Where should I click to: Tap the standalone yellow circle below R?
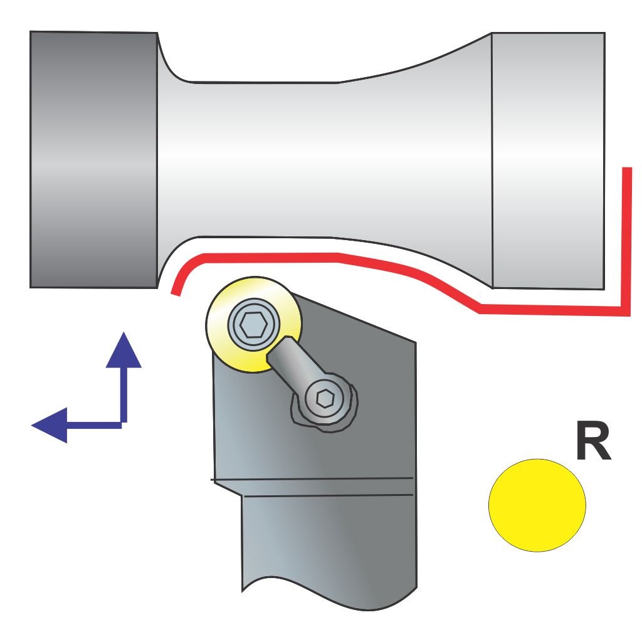[x=537, y=505]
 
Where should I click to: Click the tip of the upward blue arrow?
[x=124, y=334]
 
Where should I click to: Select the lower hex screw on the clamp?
[x=325, y=399]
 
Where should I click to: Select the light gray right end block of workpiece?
[x=548, y=160]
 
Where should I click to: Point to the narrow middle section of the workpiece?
[x=263, y=160]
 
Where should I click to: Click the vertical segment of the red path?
[x=625, y=238]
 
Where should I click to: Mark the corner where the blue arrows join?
[x=123, y=424]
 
